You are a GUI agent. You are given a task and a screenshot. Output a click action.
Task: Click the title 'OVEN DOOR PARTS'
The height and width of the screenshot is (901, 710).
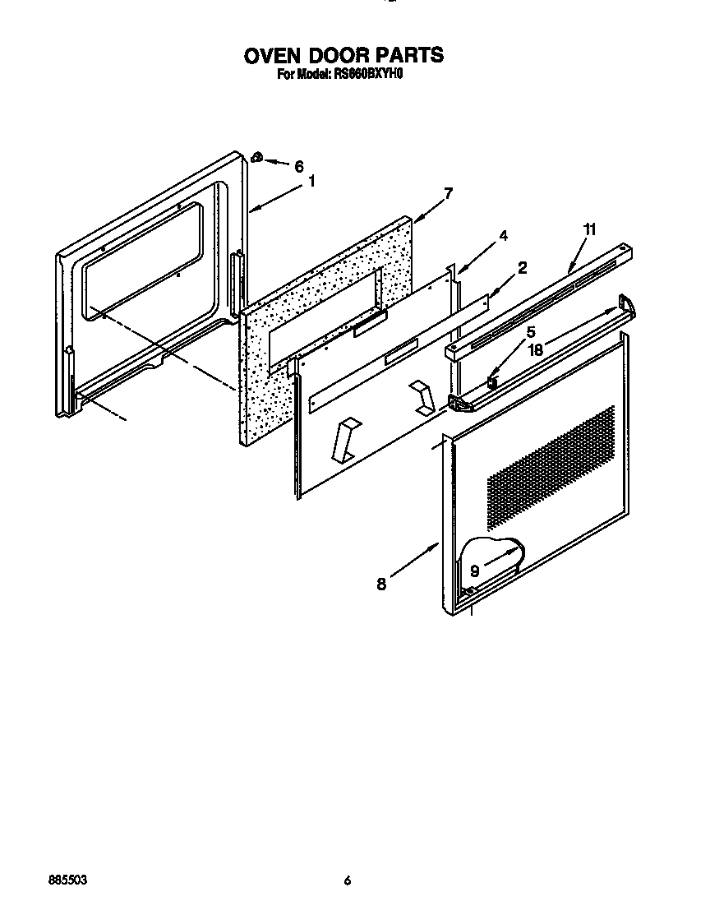[343, 55]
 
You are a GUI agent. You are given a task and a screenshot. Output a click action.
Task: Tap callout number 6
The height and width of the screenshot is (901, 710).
[299, 165]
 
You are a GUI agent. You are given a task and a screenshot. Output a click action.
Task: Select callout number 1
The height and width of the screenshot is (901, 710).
[311, 182]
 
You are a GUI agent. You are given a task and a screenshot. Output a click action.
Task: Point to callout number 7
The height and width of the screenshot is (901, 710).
[448, 194]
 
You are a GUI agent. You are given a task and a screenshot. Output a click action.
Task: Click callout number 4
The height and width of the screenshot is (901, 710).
[503, 235]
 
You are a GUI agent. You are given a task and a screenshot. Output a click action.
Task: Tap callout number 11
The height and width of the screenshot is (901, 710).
[588, 229]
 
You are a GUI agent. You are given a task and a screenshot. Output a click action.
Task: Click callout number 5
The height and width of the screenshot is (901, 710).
[531, 331]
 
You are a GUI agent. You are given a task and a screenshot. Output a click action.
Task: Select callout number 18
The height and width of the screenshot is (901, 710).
[536, 349]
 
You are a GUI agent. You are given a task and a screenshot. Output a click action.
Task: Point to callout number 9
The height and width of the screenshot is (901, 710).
[474, 571]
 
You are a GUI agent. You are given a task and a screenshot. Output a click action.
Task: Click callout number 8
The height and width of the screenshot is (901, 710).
[381, 584]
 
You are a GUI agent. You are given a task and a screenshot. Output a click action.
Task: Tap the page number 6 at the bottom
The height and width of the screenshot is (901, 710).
[348, 880]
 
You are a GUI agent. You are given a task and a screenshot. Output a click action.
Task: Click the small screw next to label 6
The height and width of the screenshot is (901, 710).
[257, 157]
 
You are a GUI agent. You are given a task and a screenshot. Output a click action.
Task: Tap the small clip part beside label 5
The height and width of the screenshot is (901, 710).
[492, 381]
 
